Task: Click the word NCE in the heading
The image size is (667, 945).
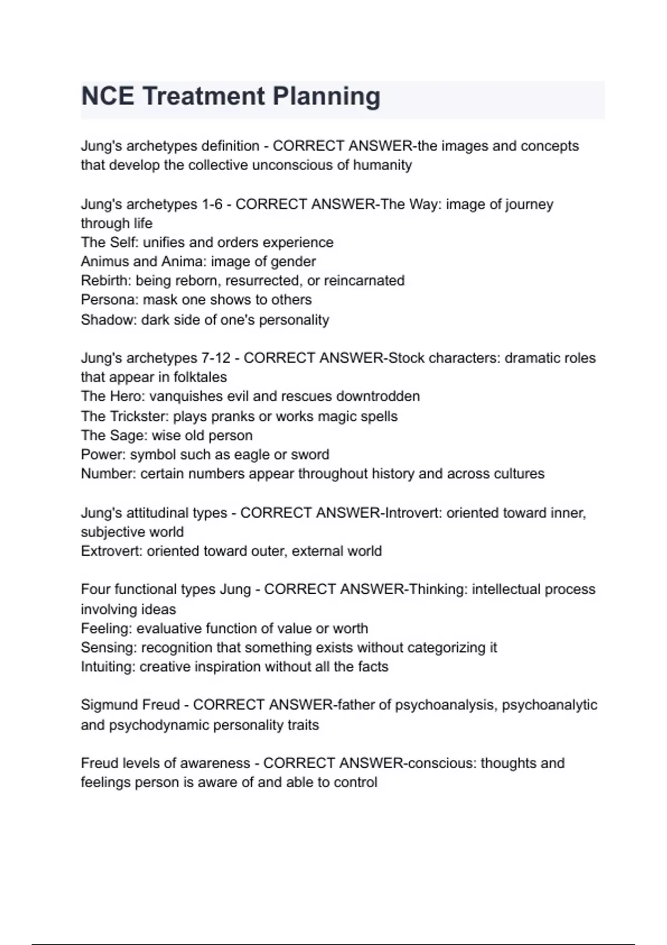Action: click(x=107, y=96)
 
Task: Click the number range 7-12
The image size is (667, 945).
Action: click(x=215, y=358)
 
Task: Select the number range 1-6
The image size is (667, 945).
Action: click(x=212, y=204)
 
